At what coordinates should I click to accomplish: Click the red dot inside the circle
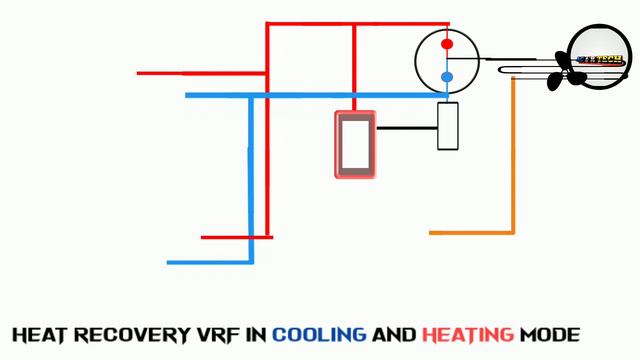[447, 44]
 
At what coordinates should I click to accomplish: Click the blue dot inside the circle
[447, 76]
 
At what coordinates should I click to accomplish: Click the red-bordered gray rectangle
[355, 145]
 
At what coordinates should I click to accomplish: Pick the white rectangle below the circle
[448, 126]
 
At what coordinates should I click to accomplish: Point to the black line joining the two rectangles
[406, 128]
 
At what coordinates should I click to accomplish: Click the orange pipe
[513, 160]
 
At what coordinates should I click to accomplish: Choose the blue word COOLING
[318, 334]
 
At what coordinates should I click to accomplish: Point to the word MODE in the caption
[550, 334]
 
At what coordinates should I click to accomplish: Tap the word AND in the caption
[394, 334]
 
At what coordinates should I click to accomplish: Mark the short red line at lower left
[236, 237]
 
